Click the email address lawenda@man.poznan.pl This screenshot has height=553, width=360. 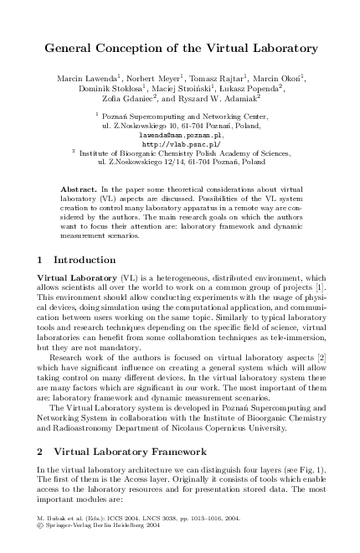(181, 134)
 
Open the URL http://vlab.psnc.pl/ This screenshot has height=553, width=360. (181, 143)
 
